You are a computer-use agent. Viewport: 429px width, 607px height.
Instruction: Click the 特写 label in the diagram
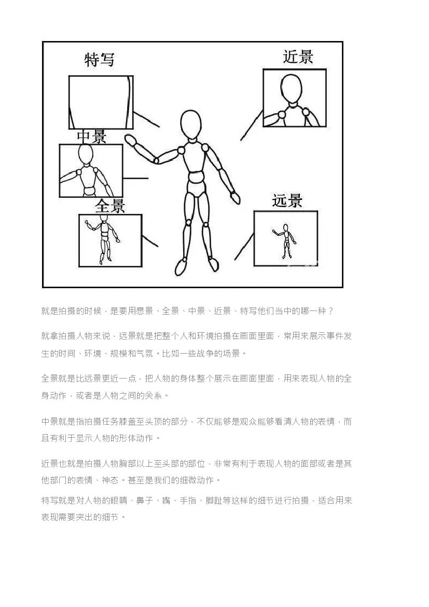pos(100,60)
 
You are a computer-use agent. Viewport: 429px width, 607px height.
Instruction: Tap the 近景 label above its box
pos(297,57)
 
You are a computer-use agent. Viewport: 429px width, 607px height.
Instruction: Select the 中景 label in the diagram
pos(91,137)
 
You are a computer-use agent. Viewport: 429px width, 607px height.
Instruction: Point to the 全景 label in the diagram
pos(110,206)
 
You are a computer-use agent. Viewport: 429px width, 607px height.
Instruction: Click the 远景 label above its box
pos(287,200)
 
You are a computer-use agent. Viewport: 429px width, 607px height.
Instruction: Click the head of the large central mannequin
pos(190,124)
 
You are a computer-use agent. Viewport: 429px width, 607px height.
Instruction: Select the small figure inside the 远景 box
pos(284,241)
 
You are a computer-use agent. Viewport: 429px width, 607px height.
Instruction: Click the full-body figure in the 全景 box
pos(103,239)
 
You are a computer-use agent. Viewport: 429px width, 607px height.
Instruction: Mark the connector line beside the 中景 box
pos(135,179)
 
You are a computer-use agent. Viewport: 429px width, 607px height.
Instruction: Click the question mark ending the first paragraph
pos(330,311)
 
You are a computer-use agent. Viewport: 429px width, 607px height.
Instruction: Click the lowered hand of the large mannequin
pos(235,197)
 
